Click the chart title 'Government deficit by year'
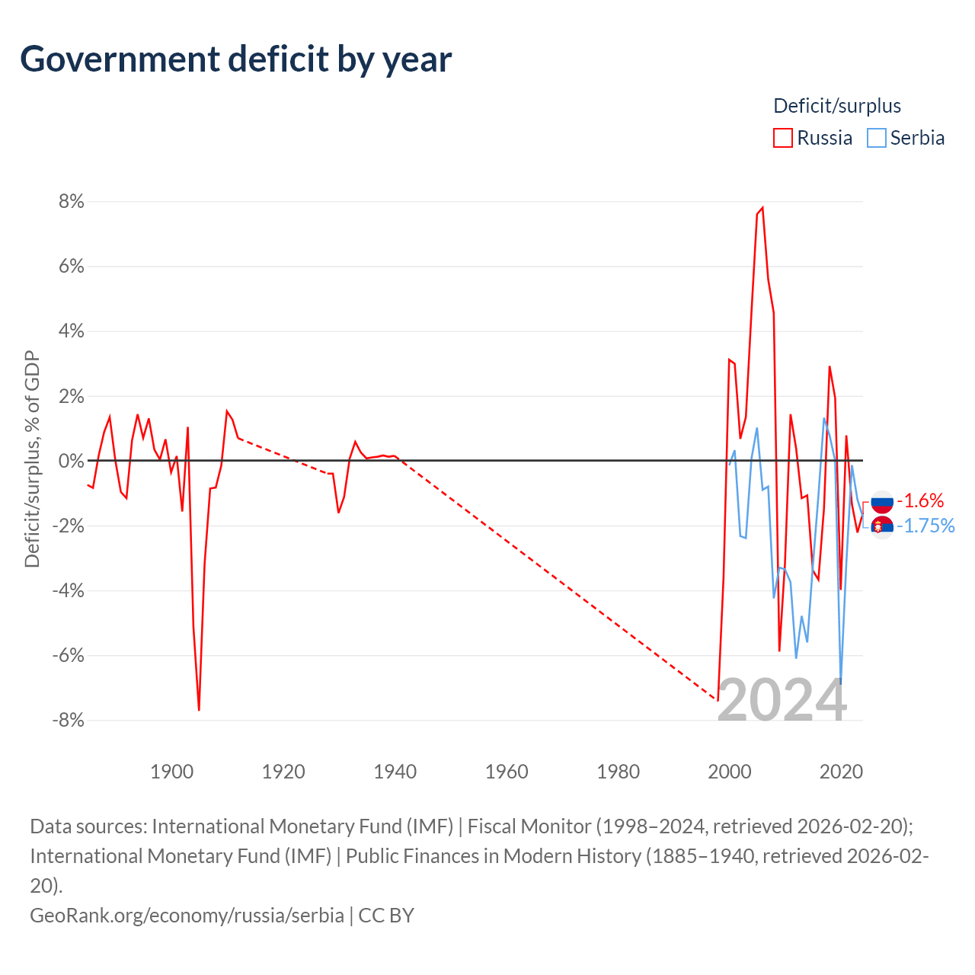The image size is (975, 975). pos(235,59)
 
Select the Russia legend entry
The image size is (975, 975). pos(813,138)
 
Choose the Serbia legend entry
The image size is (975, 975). pos(906,138)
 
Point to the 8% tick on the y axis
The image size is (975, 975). pos(72,201)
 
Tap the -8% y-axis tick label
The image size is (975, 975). pos(69,720)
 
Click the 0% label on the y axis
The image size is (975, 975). pos(72,461)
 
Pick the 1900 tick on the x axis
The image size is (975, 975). pos(172,772)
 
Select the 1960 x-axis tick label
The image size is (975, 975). pos(507,772)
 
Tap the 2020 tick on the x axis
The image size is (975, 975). pos(841,772)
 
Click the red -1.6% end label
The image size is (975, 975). pos(920,501)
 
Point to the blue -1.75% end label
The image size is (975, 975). pos(926,526)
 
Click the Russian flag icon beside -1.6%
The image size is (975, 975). pos(882,502)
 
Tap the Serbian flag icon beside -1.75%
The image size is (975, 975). pos(882,527)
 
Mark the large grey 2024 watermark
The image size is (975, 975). pos(782,700)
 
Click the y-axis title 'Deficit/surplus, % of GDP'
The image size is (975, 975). pos(32,459)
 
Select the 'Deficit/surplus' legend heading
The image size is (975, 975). pos(837,106)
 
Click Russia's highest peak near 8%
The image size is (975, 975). pos(762,208)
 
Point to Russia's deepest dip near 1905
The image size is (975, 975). pos(199,710)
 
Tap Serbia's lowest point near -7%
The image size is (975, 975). pos(840,683)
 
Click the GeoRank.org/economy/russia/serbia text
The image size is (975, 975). pos(187,916)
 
